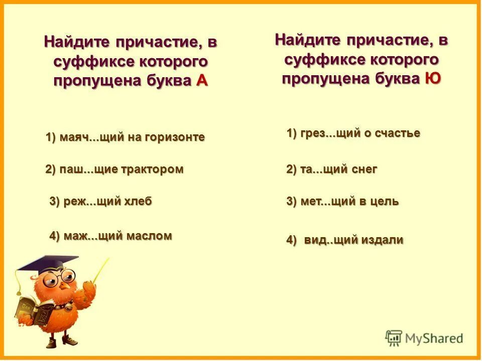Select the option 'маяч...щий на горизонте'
[x=125, y=137]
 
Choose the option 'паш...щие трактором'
[x=114, y=169]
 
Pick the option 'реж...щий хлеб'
[x=100, y=202]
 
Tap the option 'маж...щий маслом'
[x=110, y=236]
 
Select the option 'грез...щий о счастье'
[x=353, y=133]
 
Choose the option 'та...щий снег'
[x=331, y=169]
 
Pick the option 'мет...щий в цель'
[x=342, y=202]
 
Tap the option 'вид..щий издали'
[x=345, y=240]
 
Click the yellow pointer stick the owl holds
[x=100, y=271]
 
